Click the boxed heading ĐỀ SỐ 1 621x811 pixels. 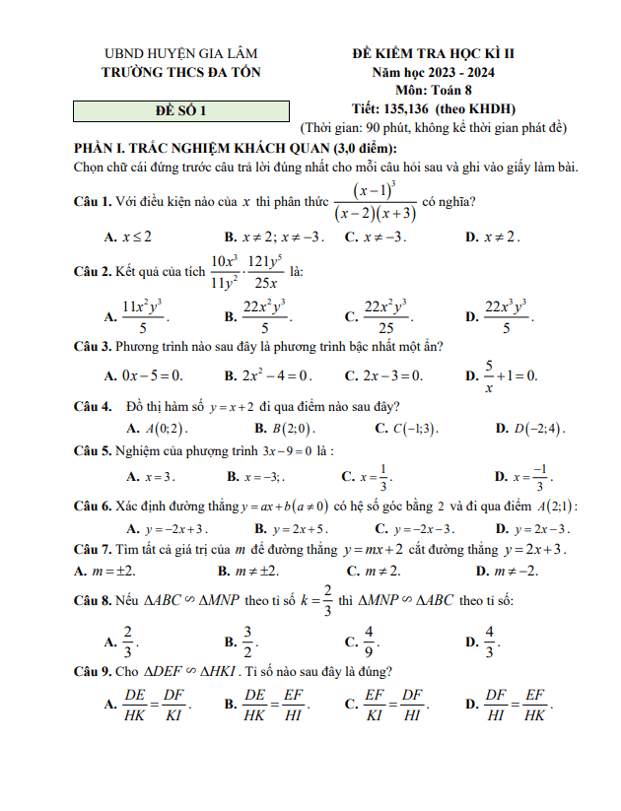[182, 111]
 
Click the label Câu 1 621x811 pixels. [93, 202]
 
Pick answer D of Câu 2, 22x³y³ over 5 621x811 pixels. [509, 316]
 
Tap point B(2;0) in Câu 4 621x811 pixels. [283, 429]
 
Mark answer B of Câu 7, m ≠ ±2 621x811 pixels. [255, 571]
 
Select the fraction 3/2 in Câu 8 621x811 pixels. [248, 642]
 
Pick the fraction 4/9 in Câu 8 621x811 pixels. [368, 642]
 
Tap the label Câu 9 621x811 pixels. [93, 672]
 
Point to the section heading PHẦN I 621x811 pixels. [237, 148]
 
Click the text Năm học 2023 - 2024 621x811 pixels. [434, 72]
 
